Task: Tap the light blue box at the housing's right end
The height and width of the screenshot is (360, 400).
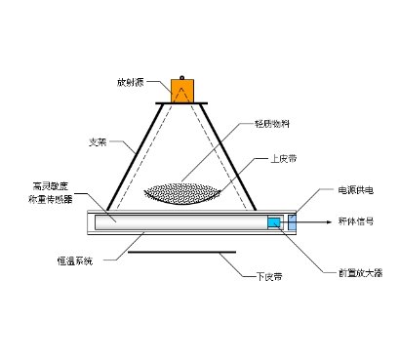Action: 290,223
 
